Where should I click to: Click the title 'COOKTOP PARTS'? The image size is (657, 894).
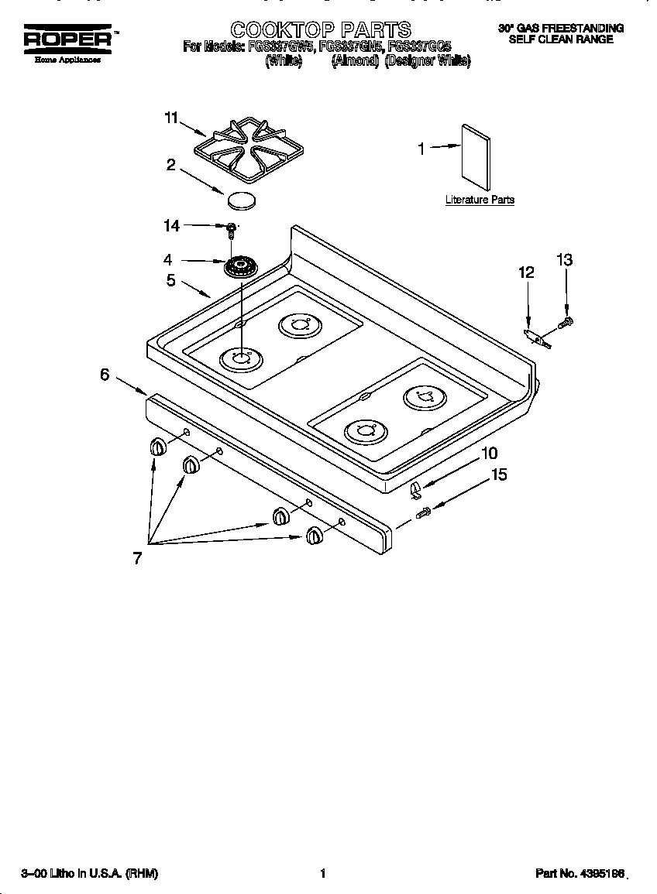point(321,30)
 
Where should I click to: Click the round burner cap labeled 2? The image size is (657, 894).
point(243,199)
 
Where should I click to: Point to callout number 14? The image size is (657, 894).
point(171,225)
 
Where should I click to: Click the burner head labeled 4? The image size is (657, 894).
point(240,269)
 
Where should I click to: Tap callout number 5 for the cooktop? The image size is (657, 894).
point(170,280)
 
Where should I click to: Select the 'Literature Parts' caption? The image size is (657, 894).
point(480,200)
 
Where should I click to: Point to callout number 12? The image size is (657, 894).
point(527,272)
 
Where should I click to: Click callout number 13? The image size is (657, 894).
point(565,260)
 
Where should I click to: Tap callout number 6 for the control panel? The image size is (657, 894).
point(105,375)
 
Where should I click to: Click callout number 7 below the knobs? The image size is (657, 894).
point(137,558)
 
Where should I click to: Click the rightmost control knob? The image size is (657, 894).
point(314,535)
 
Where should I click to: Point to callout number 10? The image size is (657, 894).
point(489,453)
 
